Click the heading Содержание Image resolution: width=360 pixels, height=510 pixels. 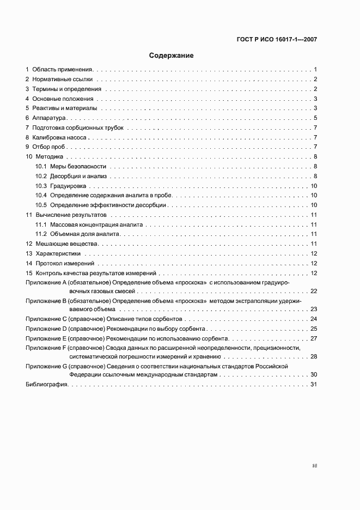click(x=172, y=56)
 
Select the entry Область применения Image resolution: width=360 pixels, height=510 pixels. click(x=63, y=70)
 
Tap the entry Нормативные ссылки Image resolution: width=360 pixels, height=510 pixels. click(x=63, y=80)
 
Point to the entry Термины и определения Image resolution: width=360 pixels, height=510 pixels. click(x=66, y=89)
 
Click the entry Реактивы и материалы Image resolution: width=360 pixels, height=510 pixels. click(x=64, y=108)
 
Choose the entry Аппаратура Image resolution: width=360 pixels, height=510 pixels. click(x=49, y=118)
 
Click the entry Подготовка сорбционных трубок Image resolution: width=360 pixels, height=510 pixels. click(x=78, y=127)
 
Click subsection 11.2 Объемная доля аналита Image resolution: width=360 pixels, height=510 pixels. click(x=81, y=234)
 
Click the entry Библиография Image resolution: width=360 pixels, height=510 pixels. click(x=47, y=385)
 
